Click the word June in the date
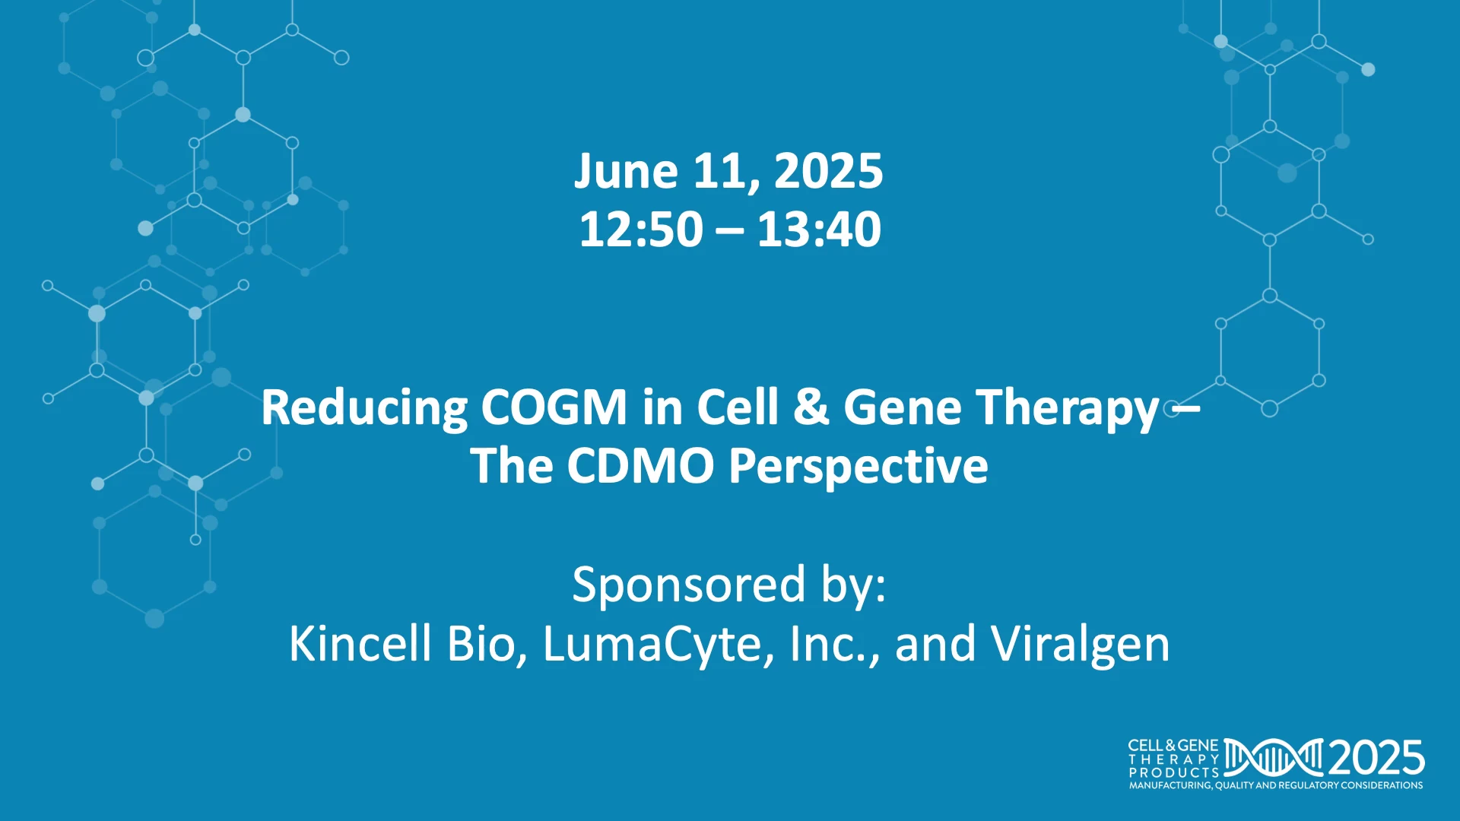point(625,171)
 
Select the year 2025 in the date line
point(829,171)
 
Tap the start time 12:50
point(641,229)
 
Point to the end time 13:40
point(819,229)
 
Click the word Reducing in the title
point(364,409)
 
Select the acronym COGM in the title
point(554,407)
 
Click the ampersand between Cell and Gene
point(811,407)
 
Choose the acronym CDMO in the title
point(640,465)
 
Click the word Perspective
point(859,467)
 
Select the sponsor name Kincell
point(360,643)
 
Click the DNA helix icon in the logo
point(1273,758)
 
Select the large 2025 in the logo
point(1376,758)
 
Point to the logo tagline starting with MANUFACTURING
point(1276,785)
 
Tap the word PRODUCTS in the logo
point(1173,772)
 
